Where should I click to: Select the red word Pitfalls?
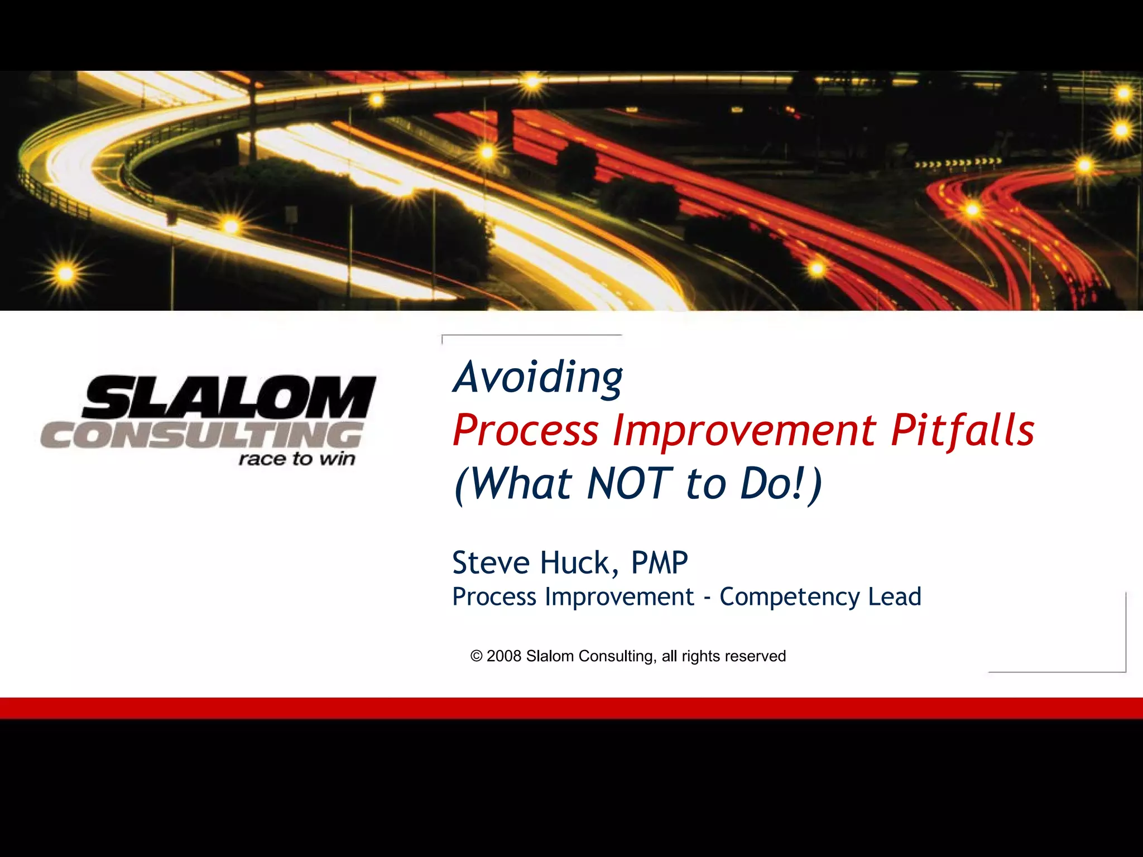tap(962, 431)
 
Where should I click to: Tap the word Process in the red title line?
tap(525, 431)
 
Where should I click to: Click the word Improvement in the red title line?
tap(745, 431)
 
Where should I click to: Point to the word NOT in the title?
tap(629, 483)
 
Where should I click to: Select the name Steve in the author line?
tap(491, 562)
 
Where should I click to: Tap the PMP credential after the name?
tap(659, 562)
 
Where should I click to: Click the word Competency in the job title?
tap(789, 597)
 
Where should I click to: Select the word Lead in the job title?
tap(895, 596)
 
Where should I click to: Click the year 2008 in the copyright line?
tap(503, 656)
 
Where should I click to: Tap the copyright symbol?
tap(476, 656)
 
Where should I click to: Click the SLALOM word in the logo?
tap(229, 397)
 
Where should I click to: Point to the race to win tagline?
tap(297, 459)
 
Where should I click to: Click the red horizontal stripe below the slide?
tap(571, 708)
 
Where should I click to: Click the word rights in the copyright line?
tap(699, 656)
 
